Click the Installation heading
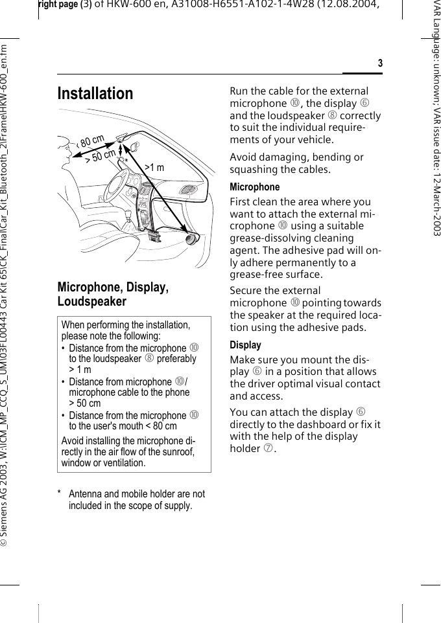pyautogui.click(x=95, y=94)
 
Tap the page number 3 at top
pyautogui.click(x=380, y=63)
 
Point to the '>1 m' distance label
pyautogui.click(x=154, y=168)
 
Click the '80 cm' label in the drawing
pyautogui.click(x=92, y=141)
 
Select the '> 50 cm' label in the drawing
pyautogui.click(x=101, y=155)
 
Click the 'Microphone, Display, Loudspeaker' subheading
pyautogui.click(x=113, y=294)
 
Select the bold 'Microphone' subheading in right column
pyautogui.click(x=255, y=187)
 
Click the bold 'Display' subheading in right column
pyautogui.click(x=246, y=345)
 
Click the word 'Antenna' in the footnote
pyautogui.click(x=87, y=494)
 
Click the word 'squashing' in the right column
pyautogui.click(x=253, y=170)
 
